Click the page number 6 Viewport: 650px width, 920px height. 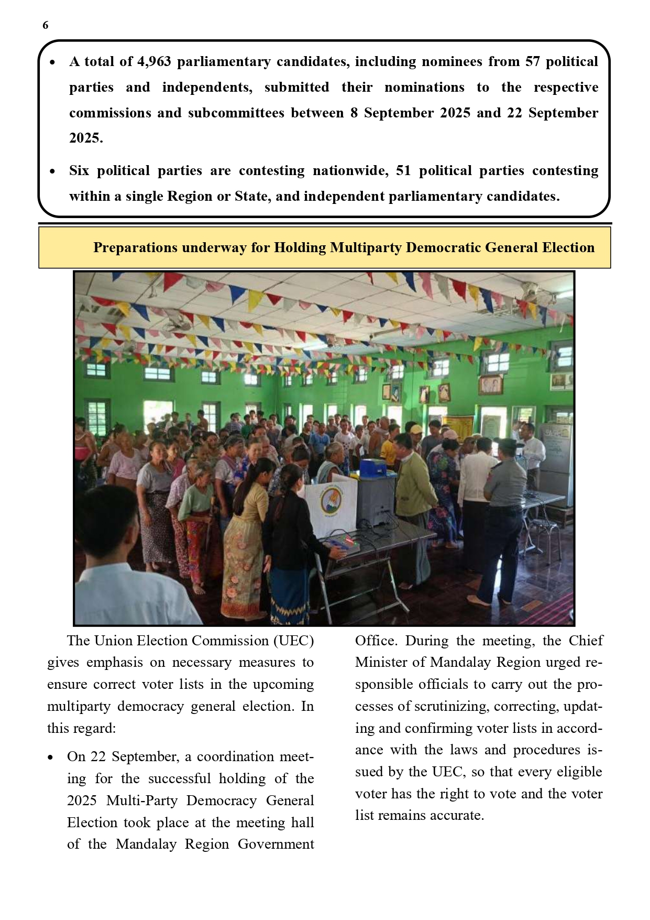point(46,25)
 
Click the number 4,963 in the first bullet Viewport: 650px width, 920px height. point(153,62)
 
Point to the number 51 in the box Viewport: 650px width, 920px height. point(403,171)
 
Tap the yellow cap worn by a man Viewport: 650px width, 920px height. point(416,430)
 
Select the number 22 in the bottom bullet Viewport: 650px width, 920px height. point(98,756)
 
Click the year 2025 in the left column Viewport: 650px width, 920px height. point(82,800)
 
